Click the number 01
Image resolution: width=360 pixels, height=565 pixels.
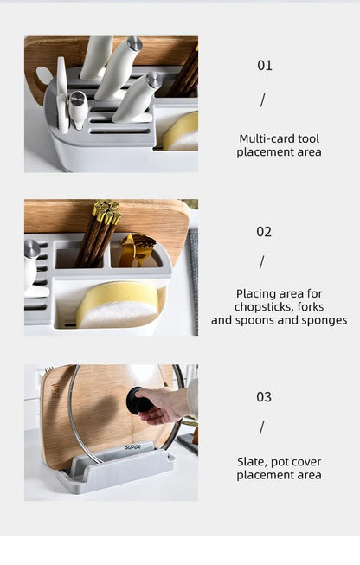(x=265, y=66)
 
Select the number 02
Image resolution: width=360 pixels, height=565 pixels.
(x=264, y=232)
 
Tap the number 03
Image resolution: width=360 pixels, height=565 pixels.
(x=264, y=397)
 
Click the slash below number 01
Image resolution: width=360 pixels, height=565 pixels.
(x=263, y=100)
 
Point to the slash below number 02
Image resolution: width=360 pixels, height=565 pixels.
(x=261, y=262)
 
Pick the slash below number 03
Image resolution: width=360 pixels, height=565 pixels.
(x=261, y=427)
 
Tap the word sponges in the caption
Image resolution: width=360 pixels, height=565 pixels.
(x=323, y=320)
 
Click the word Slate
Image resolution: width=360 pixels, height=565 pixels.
(x=252, y=462)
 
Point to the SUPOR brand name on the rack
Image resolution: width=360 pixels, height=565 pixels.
(x=132, y=447)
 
